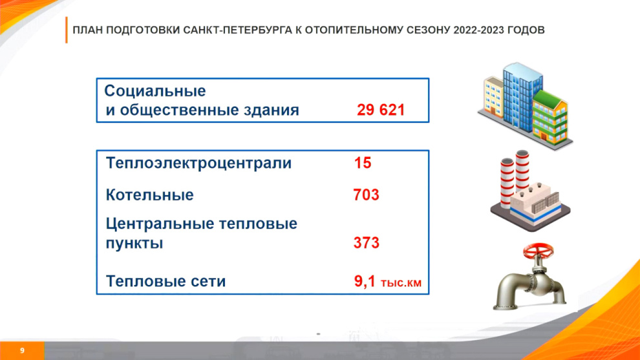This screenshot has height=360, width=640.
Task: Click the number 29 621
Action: (x=381, y=110)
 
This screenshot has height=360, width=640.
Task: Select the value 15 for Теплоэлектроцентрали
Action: (x=363, y=163)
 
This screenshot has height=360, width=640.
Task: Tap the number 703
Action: (x=366, y=195)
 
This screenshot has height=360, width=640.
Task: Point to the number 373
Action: (x=366, y=243)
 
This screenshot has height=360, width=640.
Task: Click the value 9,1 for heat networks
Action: (x=365, y=281)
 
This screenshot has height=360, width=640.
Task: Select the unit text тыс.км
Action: (x=401, y=282)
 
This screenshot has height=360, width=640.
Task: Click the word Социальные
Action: (x=155, y=90)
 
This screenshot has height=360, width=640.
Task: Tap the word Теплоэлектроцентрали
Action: (x=198, y=163)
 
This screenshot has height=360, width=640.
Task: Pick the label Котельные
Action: (x=150, y=195)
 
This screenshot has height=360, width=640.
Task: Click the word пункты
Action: (x=134, y=243)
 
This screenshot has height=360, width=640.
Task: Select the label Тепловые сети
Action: (x=165, y=281)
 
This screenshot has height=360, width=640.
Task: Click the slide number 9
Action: (x=22, y=350)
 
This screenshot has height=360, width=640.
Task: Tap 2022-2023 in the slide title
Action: (x=478, y=30)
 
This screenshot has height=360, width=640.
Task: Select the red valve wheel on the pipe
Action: (x=539, y=251)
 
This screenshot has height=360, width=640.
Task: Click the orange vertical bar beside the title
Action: (x=66, y=30)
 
